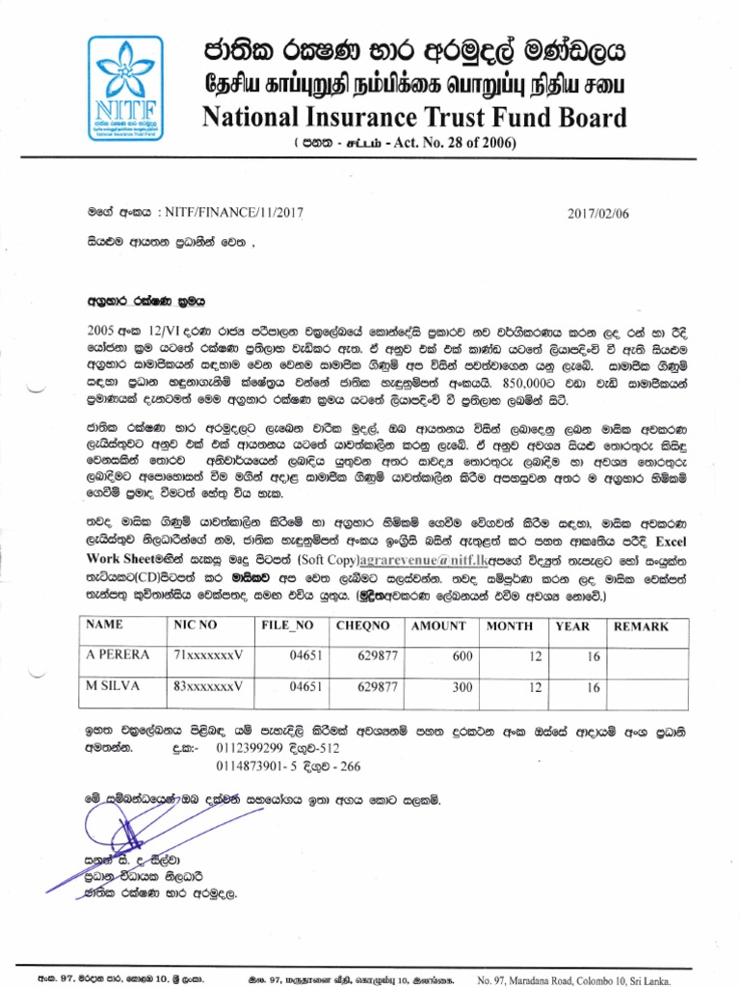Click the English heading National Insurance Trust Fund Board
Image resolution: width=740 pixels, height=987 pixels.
click(413, 117)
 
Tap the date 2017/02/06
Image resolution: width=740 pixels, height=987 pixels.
click(597, 214)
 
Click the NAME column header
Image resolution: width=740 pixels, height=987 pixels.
click(105, 627)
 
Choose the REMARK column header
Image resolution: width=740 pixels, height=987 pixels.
click(643, 627)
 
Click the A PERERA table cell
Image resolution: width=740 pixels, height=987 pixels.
click(118, 655)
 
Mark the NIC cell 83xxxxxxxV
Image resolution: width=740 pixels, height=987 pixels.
click(206, 686)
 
